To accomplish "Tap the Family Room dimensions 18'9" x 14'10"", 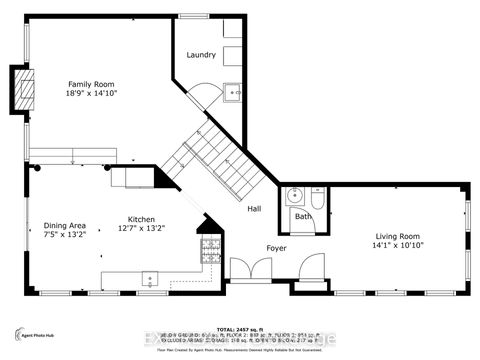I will pyautogui.click(x=92, y=92).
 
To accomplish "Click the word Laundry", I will pyautogui.click(x=201, y=54).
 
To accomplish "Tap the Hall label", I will pyautogui.click(x=255, y=208).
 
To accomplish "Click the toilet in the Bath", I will pyautogui.click(x=317, y=196).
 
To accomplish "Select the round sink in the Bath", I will pyautogui.click(x=294, y=195).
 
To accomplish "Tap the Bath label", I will pyautogui.click(x=304, y=215).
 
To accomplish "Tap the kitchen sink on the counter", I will pyautogui.click(x=150, y=278).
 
